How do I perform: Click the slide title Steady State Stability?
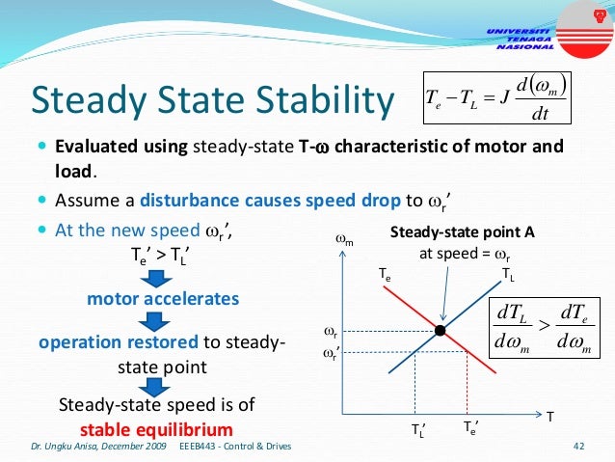[213, 100]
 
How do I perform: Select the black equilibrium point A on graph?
[440, 330]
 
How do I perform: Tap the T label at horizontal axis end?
[549, 416]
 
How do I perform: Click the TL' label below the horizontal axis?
[419, 431]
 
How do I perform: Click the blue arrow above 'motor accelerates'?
[162, 279]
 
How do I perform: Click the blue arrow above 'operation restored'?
[162, 320]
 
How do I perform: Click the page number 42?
[579, 446]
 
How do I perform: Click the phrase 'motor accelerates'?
[163, 299]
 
